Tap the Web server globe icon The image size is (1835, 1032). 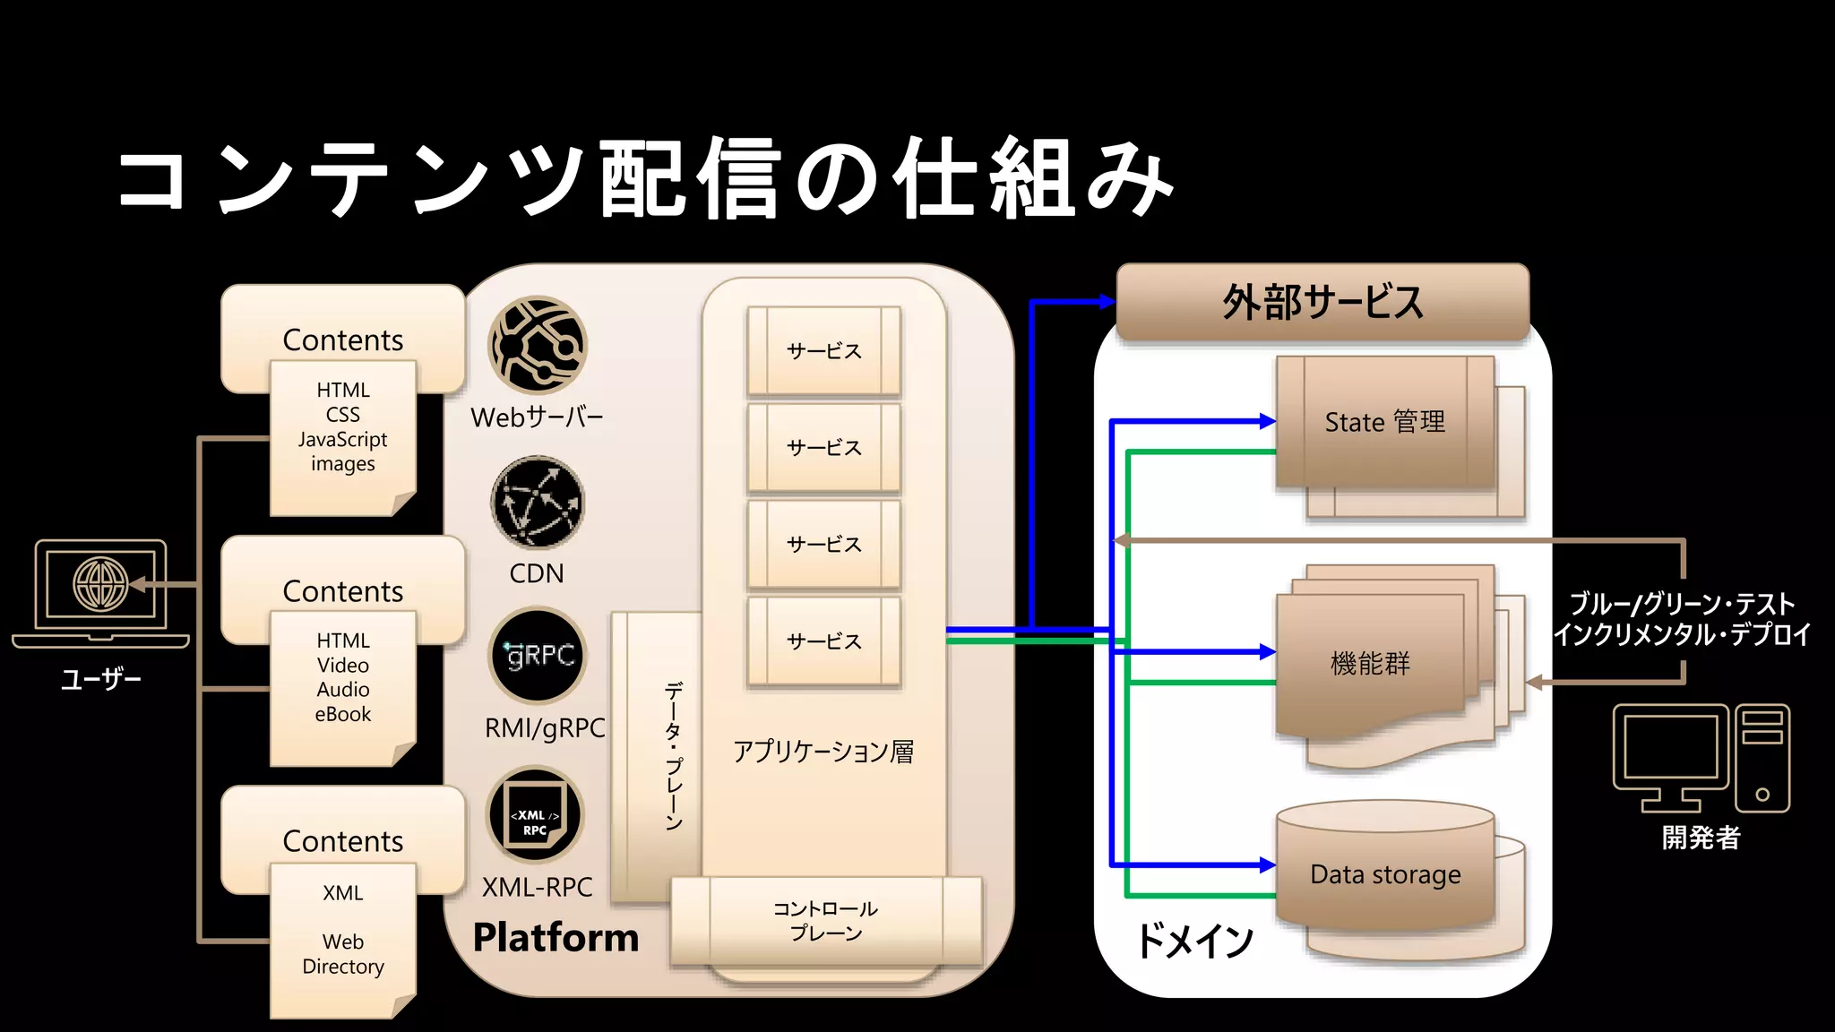538,346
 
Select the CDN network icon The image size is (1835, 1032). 538,502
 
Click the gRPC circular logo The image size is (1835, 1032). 538,656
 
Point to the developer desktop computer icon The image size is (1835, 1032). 1701,758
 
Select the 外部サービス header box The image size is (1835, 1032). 1322,302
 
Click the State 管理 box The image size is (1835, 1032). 1385,422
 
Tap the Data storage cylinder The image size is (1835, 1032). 1385,873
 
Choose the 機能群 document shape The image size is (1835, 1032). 1371,664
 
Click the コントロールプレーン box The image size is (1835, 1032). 825,921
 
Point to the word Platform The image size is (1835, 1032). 556,938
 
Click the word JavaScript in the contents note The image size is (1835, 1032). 343,440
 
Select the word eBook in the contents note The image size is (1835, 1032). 343,715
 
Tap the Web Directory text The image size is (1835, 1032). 343,954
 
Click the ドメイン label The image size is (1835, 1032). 1194,941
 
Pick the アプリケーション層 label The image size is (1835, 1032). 823,752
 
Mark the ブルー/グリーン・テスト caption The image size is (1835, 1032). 1682,604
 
